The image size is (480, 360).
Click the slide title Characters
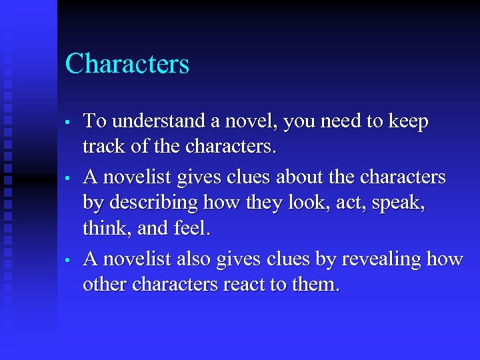[x=127, y=65]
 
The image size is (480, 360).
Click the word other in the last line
[x=105, y=285]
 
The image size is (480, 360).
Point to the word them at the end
[x=319, y=285]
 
